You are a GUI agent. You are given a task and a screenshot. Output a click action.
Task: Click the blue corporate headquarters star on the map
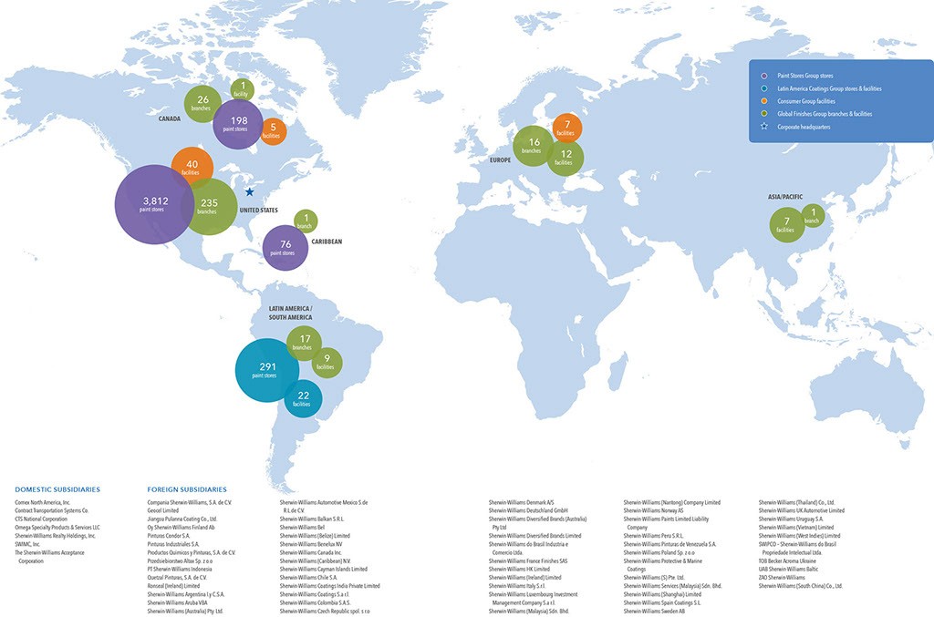point(250,192)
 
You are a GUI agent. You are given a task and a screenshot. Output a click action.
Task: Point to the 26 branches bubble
point(202,104)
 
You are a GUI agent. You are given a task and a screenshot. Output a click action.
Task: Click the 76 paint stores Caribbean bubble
point(285,247)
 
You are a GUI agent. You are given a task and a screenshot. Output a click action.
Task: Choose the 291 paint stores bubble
point(267,369)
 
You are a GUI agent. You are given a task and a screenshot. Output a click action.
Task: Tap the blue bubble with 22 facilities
point(302,397)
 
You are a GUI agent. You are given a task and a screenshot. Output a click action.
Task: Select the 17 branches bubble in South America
point(305,343)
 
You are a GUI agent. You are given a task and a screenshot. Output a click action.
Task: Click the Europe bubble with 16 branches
point(534,146)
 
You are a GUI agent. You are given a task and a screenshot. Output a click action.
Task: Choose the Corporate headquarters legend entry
point(804,128)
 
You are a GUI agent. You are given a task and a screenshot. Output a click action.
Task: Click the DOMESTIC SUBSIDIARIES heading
point(57,489)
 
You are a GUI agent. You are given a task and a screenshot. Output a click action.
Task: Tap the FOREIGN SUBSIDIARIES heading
point(186,489)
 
